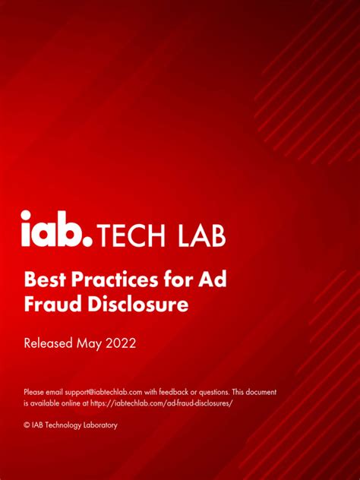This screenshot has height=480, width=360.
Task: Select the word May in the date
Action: (90, 344)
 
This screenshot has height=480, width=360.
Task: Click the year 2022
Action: (121, 343)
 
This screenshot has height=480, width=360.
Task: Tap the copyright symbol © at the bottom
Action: (27, 425)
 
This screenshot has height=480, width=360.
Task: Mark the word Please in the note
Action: (34, 392)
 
